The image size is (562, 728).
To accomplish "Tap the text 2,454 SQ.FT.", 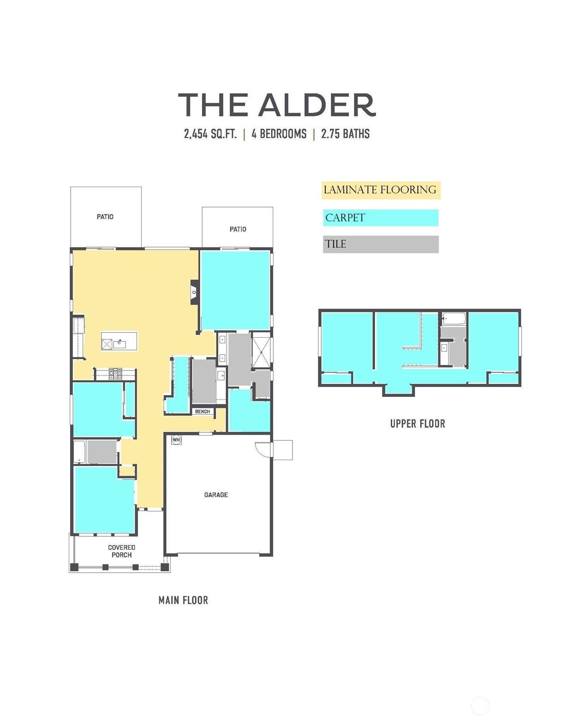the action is point(210,133).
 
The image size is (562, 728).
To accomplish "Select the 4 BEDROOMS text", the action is point(279,133).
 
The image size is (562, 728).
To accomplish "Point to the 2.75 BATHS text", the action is point(345,133).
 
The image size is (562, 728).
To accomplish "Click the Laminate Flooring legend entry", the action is point(381,190).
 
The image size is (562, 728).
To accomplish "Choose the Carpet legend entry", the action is point(381,218).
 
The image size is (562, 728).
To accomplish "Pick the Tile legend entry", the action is point(381,244).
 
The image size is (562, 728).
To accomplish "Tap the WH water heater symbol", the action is point(176,440).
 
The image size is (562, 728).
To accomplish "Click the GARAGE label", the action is point(216,494).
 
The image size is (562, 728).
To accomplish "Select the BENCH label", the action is point(203,412).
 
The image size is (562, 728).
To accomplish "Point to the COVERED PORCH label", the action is point(121,551).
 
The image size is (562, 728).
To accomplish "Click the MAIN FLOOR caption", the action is point(183,600).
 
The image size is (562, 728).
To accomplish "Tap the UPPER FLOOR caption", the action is point(418,424).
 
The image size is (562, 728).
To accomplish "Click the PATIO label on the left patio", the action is point(105,217).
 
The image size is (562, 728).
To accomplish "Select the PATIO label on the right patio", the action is point(238,229).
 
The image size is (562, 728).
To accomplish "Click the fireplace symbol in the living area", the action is point(194,292).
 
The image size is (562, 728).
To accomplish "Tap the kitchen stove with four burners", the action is point(115,374).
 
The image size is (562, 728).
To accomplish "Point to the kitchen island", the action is point(120,341).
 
